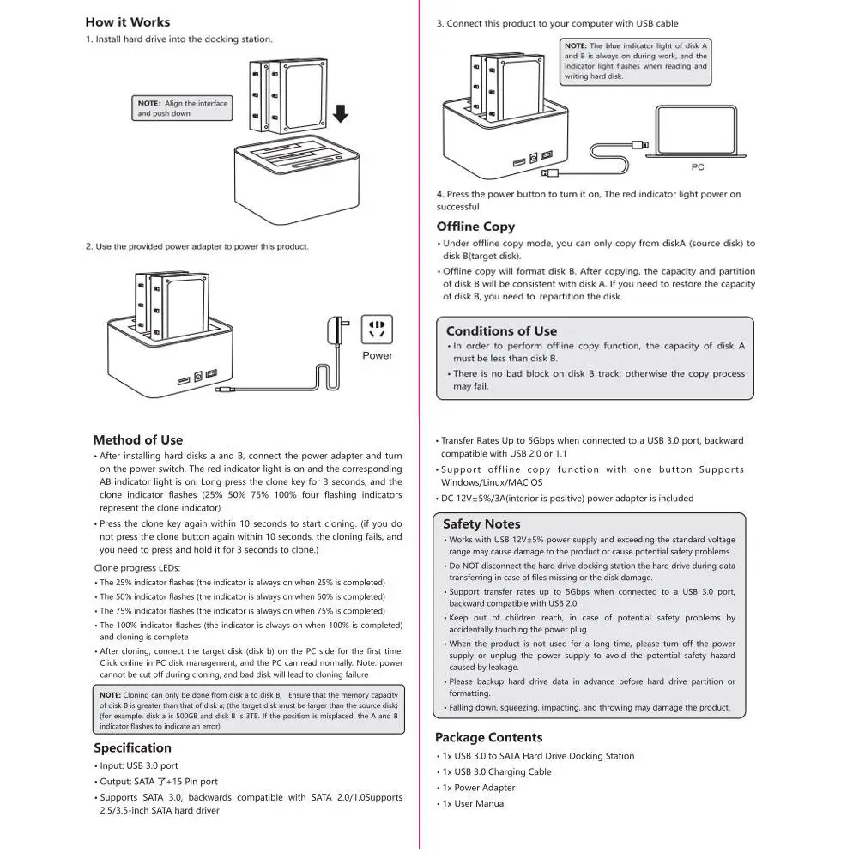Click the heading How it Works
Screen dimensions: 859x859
click(128, 22)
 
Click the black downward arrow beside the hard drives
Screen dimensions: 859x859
click(341, 113)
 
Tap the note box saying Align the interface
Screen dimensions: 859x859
click(182, 108)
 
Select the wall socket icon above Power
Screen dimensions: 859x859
click(377, 330)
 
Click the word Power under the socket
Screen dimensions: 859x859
click(378, 355)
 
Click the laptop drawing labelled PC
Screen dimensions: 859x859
click(696, 131)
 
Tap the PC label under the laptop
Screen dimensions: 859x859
click(698, 167)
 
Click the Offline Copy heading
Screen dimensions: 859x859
click(475, 227)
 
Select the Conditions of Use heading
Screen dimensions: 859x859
click(501, 331)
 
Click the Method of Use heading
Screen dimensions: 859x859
click(138, 440)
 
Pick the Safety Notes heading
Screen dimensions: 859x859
click(481, 524)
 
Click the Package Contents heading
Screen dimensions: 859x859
click(488, 737)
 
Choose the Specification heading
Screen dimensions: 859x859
click(132, 747)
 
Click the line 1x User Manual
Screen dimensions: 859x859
click(475, 804)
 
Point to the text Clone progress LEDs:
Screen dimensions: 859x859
click(137, 568)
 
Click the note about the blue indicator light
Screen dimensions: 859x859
click(636, 62)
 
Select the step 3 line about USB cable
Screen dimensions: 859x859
click(557, 23)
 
